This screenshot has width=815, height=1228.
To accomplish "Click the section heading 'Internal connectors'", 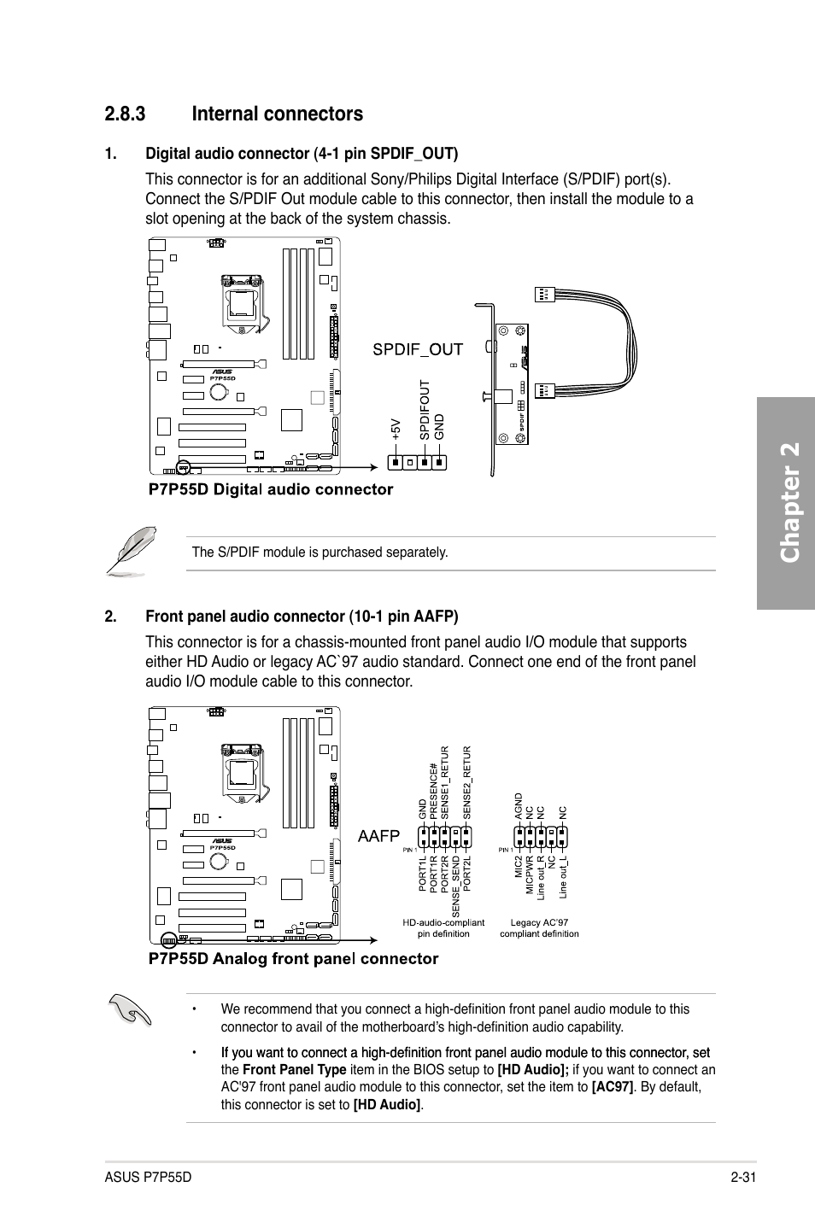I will pos(277,114).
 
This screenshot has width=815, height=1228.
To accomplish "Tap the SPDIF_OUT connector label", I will pos(417,349).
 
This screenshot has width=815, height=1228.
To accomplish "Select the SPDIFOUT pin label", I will pos(424,411).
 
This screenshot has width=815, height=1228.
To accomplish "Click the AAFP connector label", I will pos(378,836).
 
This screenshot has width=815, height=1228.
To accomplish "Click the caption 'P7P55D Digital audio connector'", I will pos(271,489).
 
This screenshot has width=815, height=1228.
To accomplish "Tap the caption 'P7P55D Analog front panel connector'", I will pos(293,958).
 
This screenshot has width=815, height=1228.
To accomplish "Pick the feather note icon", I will pos(131,551).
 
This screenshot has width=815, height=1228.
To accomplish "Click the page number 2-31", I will pos(745,1178).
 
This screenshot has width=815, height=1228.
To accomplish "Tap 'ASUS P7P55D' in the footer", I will pos(149,1178).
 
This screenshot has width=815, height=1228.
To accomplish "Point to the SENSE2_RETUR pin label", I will pos(467,782).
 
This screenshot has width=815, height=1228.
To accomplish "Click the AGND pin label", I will pos(519,807).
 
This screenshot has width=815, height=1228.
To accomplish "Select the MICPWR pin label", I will pos(530,876).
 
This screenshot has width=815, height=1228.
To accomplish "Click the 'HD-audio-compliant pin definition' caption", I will pos(443,927).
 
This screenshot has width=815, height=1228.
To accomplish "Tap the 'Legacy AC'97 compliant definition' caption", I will pos(539,927).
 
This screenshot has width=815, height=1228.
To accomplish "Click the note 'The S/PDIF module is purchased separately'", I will pos(320,553).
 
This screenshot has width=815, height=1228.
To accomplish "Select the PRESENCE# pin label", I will pos(434,792).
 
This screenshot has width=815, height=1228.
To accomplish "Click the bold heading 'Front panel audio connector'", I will pos(302,617).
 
